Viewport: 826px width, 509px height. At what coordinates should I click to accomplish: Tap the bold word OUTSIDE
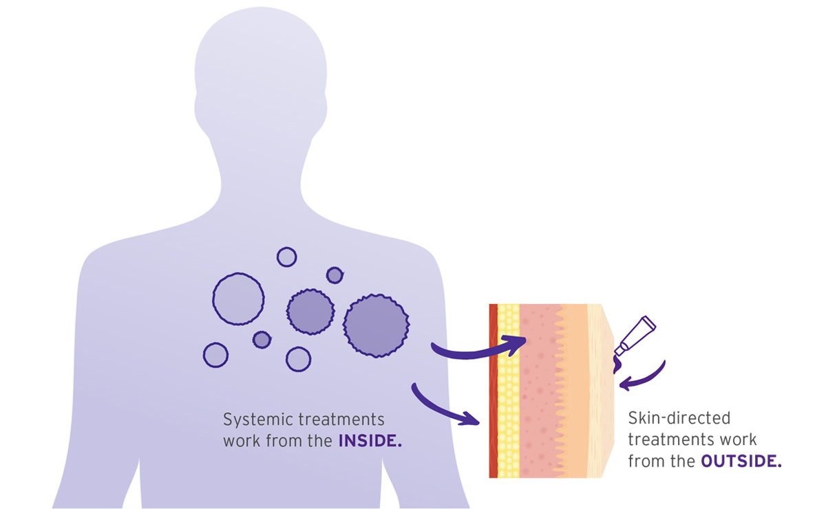point(741,461)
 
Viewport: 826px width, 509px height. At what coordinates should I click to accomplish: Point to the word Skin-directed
point(679,418)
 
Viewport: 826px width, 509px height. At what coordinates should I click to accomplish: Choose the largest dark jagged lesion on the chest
point(376,325)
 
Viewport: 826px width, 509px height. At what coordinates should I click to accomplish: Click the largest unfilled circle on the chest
point(238,299)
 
